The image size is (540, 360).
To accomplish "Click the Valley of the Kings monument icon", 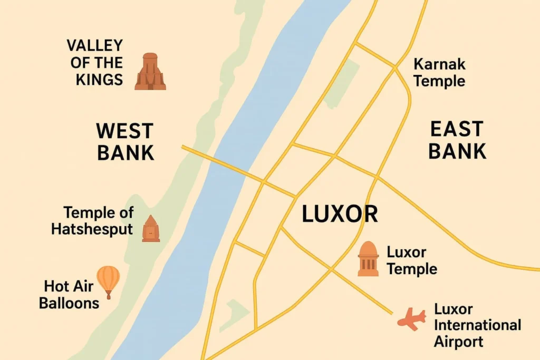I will point(150,72).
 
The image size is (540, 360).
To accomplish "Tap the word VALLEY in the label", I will point(95,45).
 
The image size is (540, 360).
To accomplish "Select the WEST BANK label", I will point(125,141).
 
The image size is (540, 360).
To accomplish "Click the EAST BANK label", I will point(457,140).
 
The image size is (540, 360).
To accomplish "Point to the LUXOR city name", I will point(340,215).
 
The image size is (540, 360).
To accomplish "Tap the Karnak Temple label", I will point(439,73).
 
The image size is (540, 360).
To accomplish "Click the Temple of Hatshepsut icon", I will point(151,229).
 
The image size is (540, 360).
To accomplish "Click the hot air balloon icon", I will point(109,280).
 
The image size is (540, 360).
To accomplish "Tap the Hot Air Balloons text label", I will point(69,295).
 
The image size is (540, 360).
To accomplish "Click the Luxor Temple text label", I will point(411,260).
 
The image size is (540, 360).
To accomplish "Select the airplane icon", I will point(412,319).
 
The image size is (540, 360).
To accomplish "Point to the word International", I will point(477,325).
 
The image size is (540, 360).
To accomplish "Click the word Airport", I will point(458,342).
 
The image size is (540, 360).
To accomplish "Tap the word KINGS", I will point(99,80).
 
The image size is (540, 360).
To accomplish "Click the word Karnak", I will point(439,64).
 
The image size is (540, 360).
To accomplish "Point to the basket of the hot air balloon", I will point(109,296).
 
